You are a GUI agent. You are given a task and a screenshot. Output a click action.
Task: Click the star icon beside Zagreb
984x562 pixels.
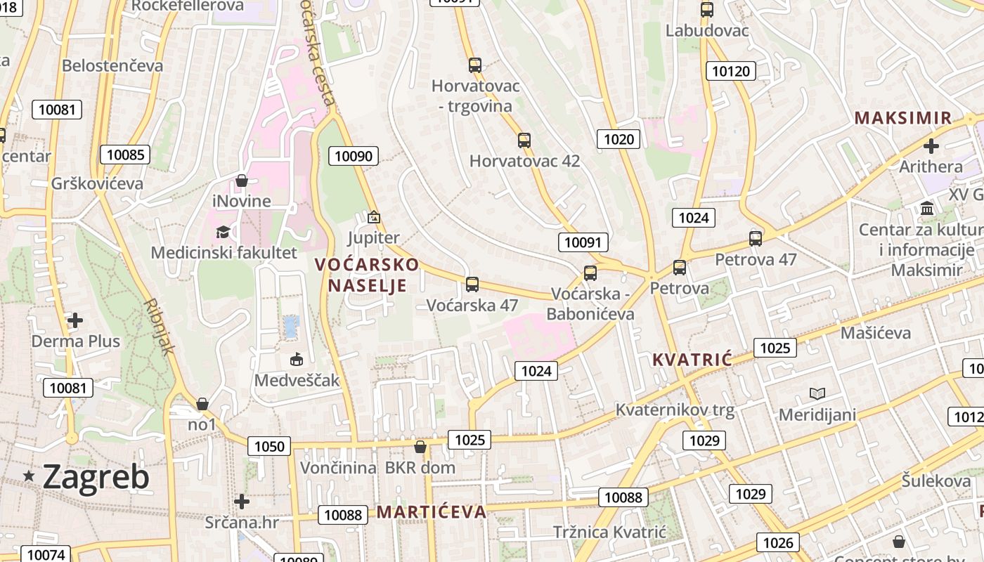tap(29, 476)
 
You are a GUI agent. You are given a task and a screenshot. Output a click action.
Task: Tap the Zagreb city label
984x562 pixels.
tap(96, 477)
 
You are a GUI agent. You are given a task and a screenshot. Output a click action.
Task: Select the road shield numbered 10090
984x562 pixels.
tap(354, 156)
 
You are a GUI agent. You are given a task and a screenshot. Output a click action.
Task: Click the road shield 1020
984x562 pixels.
tap(619, 139)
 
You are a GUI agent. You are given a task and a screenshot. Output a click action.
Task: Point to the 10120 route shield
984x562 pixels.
tap(730, 70)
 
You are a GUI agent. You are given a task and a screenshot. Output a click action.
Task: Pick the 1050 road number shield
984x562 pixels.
tap(269, 446)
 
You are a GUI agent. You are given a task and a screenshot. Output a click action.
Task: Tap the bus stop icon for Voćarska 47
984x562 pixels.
tap(472, 285)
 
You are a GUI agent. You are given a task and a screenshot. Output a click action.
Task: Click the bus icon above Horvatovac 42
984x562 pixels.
tap(524, 140)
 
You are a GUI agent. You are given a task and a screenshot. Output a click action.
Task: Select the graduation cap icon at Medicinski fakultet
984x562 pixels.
tap(223, 232)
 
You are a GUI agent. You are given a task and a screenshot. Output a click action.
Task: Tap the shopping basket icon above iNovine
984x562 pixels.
tap(242, 181)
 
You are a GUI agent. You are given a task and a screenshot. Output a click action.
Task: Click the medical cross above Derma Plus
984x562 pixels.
tap(75, 320)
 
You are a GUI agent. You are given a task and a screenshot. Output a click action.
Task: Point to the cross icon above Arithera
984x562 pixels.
tap(931, 146)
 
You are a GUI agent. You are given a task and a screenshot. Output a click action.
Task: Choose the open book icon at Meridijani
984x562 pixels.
tap(817, 393)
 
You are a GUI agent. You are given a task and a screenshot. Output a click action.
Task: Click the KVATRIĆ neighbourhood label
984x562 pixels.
tap(692, 360)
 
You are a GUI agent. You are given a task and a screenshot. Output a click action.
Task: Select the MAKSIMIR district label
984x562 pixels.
tap(903, 118)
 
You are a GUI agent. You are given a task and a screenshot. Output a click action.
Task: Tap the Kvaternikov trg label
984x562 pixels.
tap(675, 410)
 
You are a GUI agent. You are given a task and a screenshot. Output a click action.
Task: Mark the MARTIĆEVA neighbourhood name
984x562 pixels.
tap(431, 511)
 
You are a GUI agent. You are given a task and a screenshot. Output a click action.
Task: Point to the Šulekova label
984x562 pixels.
tap(936, 481)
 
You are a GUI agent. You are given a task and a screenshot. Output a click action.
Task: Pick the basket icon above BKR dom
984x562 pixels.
tap(420, 447)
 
